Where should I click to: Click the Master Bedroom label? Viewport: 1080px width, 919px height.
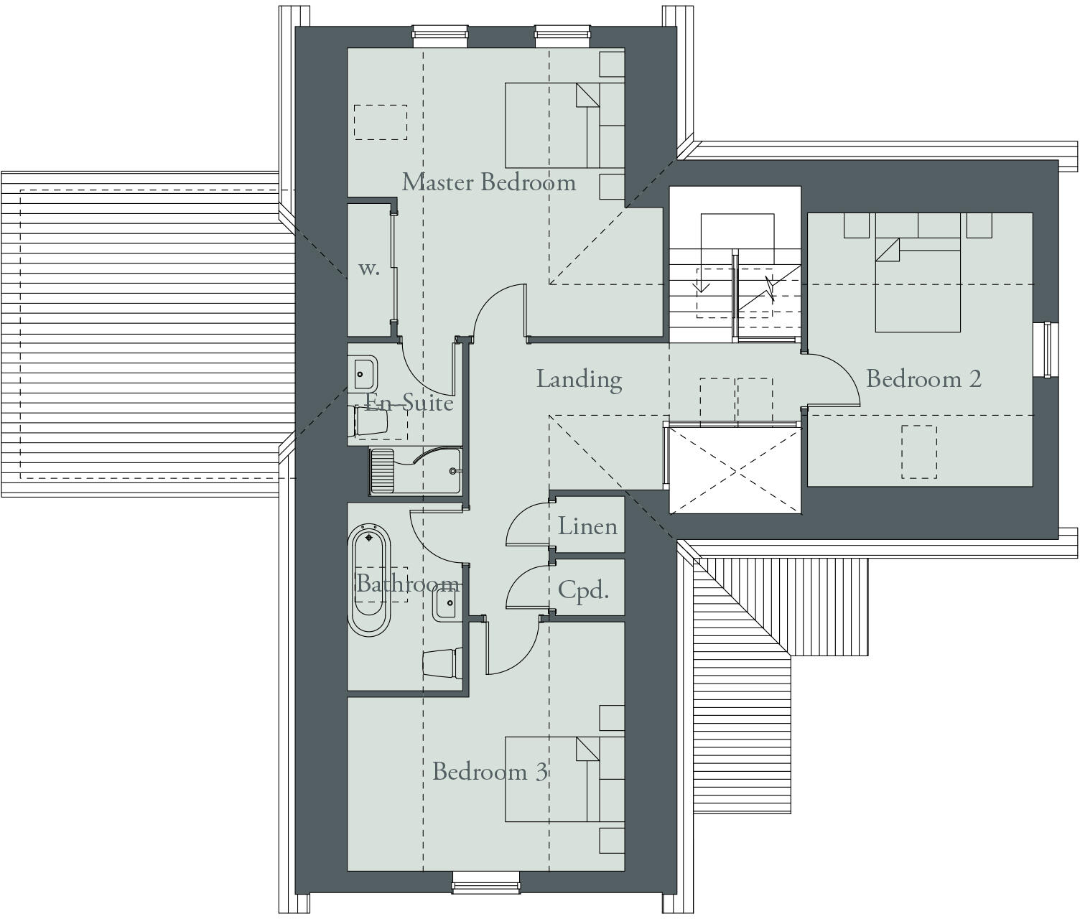tap(488, 182)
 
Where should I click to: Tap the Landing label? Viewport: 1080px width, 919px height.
tap(579, 379)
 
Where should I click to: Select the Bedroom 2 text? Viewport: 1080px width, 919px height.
tap(923, 379)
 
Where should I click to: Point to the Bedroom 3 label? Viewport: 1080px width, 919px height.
tap(490, 772)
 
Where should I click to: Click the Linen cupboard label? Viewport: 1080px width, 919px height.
tap(587, 526)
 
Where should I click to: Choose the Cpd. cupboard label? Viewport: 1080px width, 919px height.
tap(583, 590)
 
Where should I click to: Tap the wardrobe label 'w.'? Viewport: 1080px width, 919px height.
tap(368, 269)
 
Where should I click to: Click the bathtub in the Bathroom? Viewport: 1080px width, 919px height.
tap(369, 579)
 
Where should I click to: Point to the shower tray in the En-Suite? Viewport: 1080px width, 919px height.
tap(415, 471)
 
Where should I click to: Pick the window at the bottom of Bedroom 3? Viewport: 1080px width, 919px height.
tap(485, 882)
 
